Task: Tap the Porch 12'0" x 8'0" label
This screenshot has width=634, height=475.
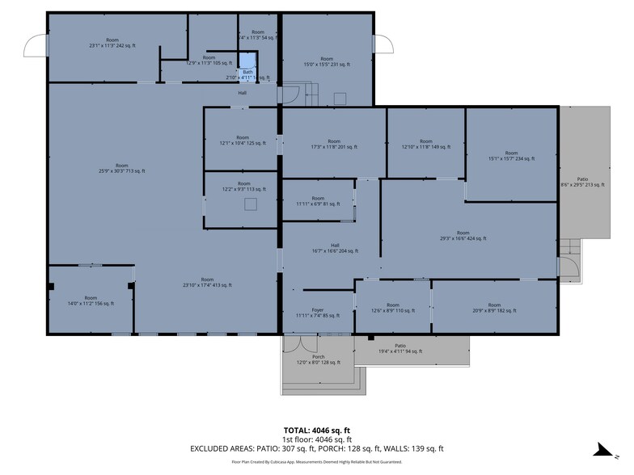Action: point(319,359)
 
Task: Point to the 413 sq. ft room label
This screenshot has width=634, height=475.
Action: point(207,282)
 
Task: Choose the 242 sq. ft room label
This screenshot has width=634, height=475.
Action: point(112,43)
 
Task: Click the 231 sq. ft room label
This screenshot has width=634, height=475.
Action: point(327,61)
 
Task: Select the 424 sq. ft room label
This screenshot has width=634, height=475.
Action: point(463,236)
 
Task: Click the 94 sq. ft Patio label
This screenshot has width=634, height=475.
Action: point(401,349)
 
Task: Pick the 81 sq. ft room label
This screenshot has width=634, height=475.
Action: point(318,201)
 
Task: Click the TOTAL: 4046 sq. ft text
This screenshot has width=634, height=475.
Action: point(317,431)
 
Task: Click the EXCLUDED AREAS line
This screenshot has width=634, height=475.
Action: point(317,448)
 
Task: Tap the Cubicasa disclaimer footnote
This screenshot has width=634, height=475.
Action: point(317,463)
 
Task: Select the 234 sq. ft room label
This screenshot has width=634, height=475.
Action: point(511,156)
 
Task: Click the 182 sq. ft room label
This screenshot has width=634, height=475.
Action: point(494,308)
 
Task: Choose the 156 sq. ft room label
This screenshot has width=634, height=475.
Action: point(91,301)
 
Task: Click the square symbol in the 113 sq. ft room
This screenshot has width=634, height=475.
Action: point(251,204)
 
